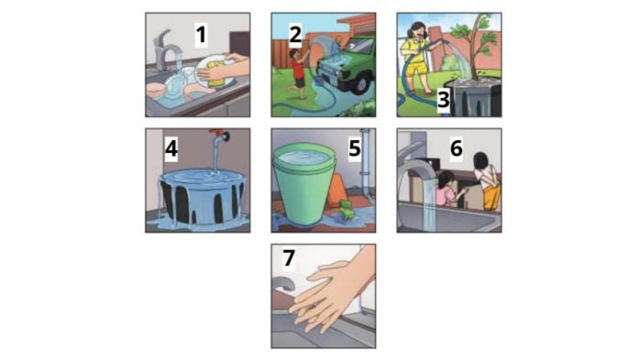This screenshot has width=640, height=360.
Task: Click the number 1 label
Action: coord(201,35)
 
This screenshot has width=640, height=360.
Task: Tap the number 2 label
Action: coord(295,35)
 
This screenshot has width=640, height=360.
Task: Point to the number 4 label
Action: coord(171,149)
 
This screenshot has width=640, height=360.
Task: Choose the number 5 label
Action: coord(355,148)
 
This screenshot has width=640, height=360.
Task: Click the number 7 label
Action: coord(289,258)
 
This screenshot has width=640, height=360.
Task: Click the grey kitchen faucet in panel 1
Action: coord(163,51)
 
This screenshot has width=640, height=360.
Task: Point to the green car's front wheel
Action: coord(362,85)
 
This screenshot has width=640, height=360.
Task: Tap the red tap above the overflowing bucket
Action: coord(220,135)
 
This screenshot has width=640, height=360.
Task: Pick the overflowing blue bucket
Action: coord(202,197)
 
